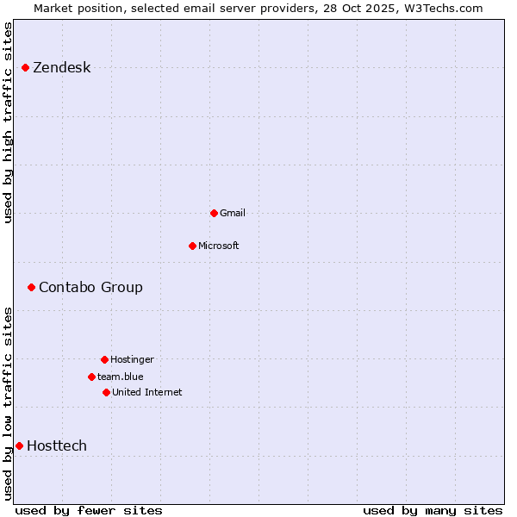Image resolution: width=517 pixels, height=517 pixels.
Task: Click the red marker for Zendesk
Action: (26, 67)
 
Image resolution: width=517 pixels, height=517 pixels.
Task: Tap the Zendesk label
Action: (61, 68)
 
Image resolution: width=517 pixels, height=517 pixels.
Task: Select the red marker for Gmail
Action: (214, 213)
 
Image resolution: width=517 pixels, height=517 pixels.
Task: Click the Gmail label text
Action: (233, 213)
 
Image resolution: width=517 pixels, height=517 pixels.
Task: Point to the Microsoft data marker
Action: (192, 246)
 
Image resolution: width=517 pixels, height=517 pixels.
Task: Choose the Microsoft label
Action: (218, 246)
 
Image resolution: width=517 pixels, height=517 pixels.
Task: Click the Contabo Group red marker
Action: (31, 287)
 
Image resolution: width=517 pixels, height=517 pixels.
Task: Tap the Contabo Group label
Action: (90, 287)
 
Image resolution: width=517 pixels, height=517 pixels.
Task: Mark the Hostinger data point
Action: (104, 359)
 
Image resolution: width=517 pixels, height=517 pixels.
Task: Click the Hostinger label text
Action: (132, 359)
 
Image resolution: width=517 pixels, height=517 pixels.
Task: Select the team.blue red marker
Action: (91, 377)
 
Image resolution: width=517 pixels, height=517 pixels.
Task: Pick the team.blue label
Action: (120, 377)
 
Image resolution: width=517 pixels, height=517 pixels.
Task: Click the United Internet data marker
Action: (106, 392)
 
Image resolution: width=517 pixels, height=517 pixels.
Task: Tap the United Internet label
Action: (146, 392)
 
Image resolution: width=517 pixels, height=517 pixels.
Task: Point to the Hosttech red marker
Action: (19, 445)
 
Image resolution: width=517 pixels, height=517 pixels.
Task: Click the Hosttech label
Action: (57, 445)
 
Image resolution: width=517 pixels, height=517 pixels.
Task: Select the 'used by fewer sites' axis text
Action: (89, 510)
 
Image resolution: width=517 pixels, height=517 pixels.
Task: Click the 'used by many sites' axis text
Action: (433, 510)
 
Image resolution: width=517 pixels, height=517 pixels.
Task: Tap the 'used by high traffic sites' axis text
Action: (9, 122)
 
